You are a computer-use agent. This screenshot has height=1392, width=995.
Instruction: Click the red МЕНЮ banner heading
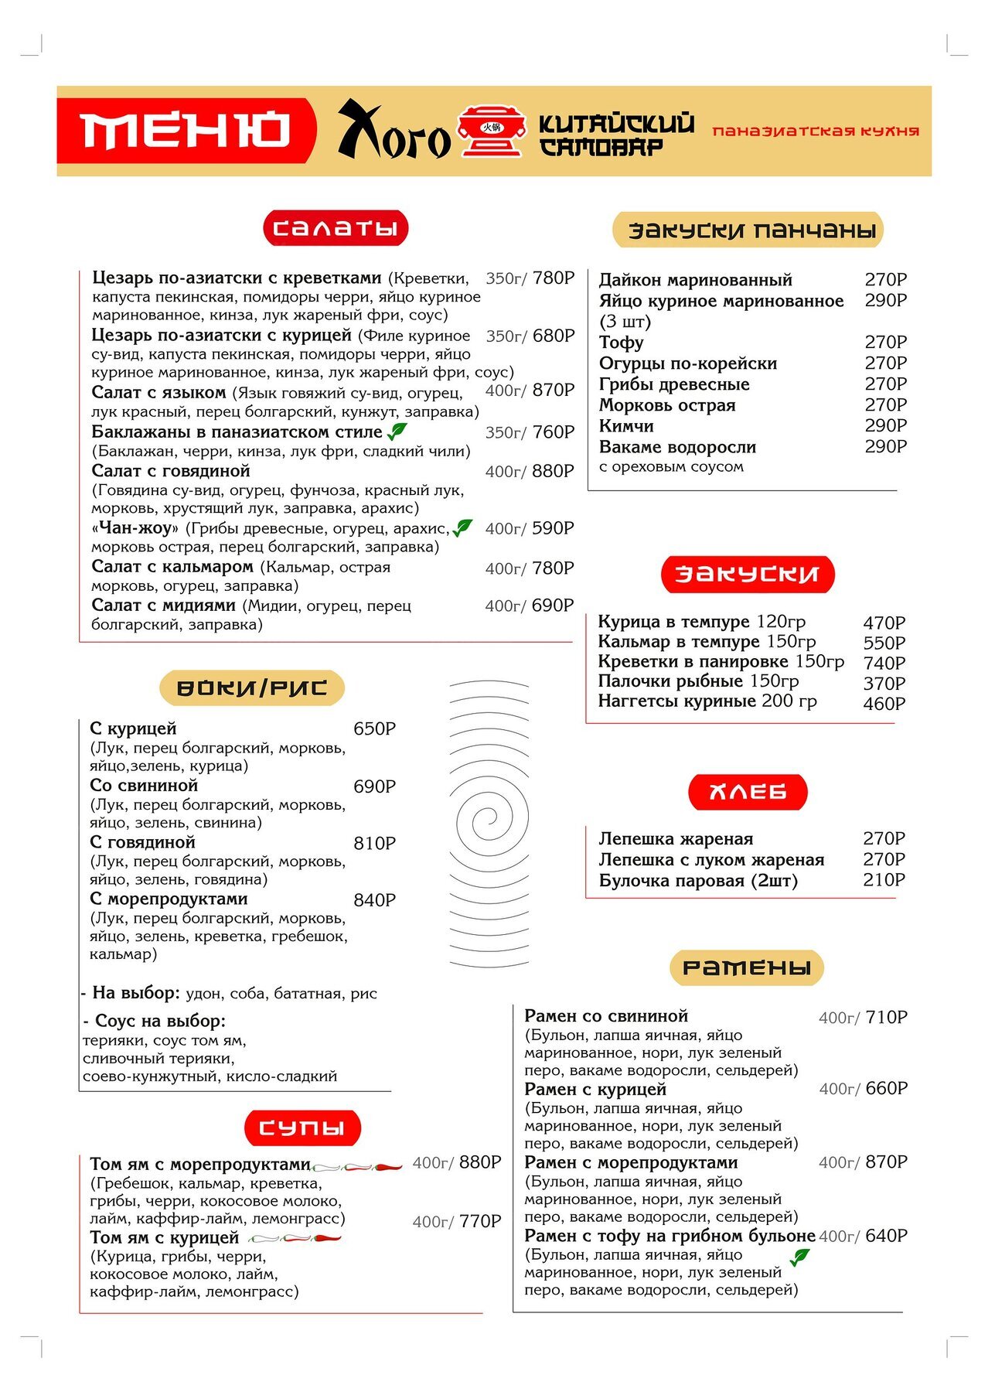click(x=186, y=130)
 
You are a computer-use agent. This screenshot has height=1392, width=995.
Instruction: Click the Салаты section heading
click(x=336, y=228)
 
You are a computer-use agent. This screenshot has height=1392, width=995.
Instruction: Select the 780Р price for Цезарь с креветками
click(x=554, y=278)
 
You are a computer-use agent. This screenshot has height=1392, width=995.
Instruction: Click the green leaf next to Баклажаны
click(x=397, y=432)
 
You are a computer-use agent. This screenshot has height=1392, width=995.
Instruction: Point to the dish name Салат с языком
click(x=158, y=393)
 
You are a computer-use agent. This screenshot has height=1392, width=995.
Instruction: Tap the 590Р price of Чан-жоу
click(x=554, y=528)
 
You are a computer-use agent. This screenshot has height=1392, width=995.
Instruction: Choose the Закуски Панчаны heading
click(x=748, y=230)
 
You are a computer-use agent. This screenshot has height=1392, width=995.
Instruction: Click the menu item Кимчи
click(x=626, y=426)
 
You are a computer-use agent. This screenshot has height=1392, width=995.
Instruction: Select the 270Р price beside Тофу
click(x=885, y=342)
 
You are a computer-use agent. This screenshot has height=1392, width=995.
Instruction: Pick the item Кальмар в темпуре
click(x=679, y=642)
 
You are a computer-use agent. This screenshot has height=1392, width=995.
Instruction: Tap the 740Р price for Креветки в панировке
click(x=884, y=664)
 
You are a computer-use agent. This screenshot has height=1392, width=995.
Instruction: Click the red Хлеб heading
click(x=748, y=792)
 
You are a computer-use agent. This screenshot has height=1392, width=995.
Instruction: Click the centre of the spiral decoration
click(x=489, y=818)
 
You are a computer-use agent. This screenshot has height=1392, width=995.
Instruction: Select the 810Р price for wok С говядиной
click(x=374, y=844)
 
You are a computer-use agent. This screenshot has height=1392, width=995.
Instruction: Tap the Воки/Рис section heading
click(x=251, y=687)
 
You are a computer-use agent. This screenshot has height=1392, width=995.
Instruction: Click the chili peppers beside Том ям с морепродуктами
click(x=357, y=1166)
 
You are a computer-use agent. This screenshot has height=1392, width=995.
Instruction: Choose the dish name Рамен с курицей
click(x=595, y=1090)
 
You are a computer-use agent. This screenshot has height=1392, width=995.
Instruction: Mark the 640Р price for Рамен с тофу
click(x=886, y=1236)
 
